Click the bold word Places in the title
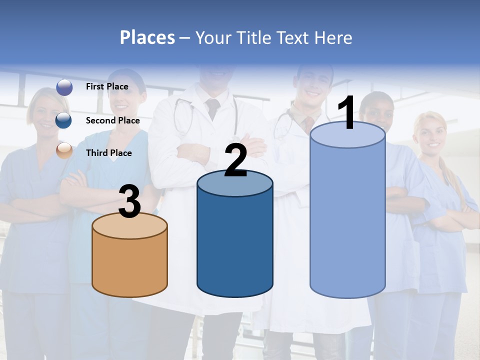pyautogui.click(x=147, y=37)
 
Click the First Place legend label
pyautogui.click(x=107, y=86)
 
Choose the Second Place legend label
pyautogui.click(x=112, y=120)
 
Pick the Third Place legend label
pyautogui.click(x=108, y=153)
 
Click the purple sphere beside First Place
pyautogui.click(x=64, y=87)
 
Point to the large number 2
pyautogui.click(x=235, y=160)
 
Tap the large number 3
pyautogui.click(x=129, y=201)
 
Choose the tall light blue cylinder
pyautogui.click(x=347, y=220)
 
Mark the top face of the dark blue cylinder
pyautogui.click(x=235, y=183)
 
